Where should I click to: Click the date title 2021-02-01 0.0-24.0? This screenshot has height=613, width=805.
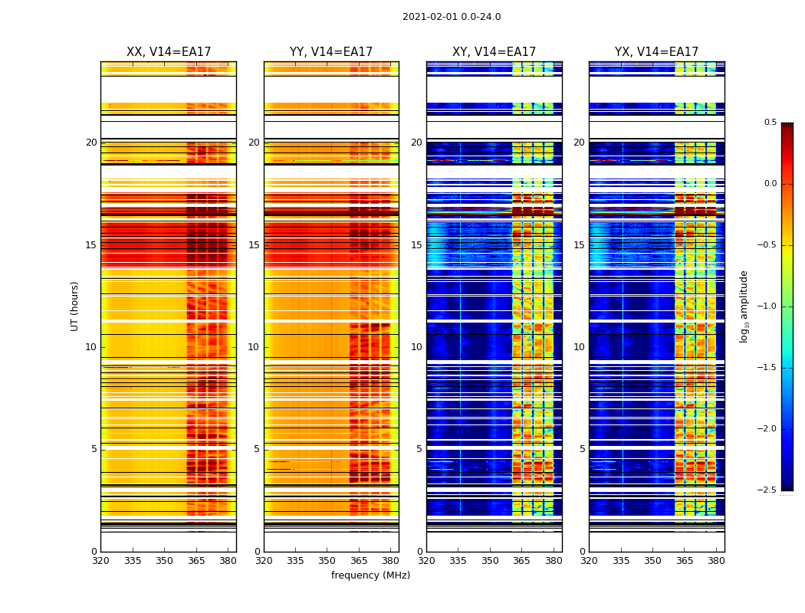452,17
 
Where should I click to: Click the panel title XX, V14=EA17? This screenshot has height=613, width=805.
169,52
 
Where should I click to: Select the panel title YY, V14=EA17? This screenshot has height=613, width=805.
331,52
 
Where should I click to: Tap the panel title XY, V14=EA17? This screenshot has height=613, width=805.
494,52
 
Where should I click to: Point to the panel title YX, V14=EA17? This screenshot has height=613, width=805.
656,52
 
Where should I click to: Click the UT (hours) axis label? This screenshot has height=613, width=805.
75,306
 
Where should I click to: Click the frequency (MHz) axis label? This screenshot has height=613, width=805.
370,575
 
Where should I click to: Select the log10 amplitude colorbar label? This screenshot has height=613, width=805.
744,306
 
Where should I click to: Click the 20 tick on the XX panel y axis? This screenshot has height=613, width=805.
92,143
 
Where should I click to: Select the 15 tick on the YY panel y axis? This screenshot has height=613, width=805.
255,245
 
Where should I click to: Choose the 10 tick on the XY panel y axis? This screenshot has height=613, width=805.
417,347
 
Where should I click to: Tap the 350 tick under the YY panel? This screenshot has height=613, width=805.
327,560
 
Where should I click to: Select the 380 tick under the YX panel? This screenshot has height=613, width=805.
716,560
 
